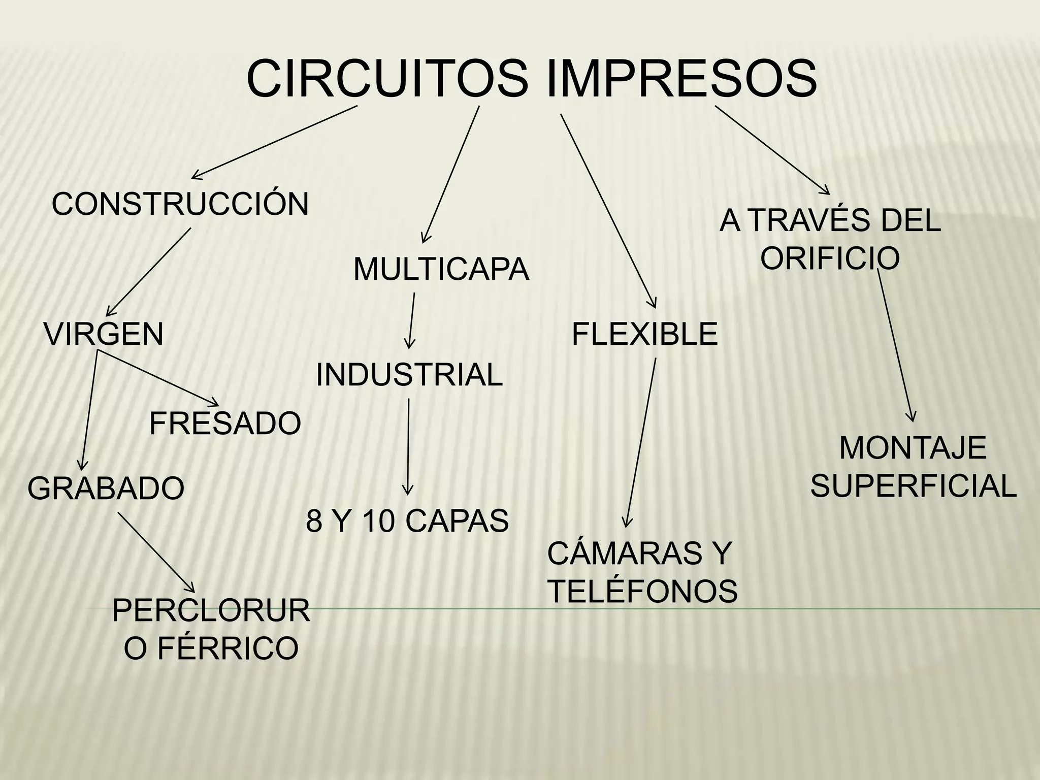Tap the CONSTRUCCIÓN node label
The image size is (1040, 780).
tap(180, 204)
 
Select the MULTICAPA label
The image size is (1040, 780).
tap(441, 269)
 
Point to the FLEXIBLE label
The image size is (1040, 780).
tap(644, 334)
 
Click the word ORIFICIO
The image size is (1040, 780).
tap(830, 257)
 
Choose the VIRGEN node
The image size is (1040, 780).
tap(104, 334)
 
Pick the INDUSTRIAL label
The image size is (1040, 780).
tap(409, 375)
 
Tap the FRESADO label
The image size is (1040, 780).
tap(225, 424)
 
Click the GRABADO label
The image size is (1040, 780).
tap(106, 489)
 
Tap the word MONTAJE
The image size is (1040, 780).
tap(913, 448)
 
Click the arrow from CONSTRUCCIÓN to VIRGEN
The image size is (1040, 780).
tap(149, 272)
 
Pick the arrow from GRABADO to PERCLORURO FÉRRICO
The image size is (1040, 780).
tap(155, 551)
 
